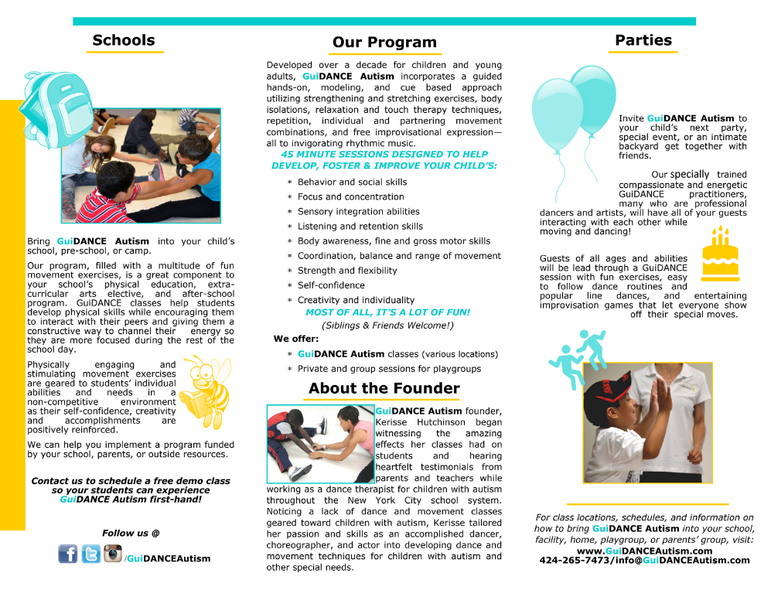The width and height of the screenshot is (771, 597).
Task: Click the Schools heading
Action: point(124,40)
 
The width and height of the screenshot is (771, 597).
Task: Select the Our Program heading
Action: point(384,43)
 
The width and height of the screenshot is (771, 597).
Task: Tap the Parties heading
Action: point(643,40)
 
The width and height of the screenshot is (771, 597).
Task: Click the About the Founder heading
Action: point(384,388)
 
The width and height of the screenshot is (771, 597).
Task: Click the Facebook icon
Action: point(68,554)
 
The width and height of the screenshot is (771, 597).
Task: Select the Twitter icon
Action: point(91,554)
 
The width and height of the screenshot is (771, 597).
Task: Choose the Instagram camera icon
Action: point(113,553)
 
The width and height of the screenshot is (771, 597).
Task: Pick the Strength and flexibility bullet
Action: point(347,271)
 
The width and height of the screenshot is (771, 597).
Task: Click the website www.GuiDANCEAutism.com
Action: point(644,551)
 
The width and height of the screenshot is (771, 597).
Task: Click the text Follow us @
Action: point(131,533)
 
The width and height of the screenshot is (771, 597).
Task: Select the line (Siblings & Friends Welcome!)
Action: point(387,326)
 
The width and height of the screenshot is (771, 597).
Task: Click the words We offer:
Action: point(295,339)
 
